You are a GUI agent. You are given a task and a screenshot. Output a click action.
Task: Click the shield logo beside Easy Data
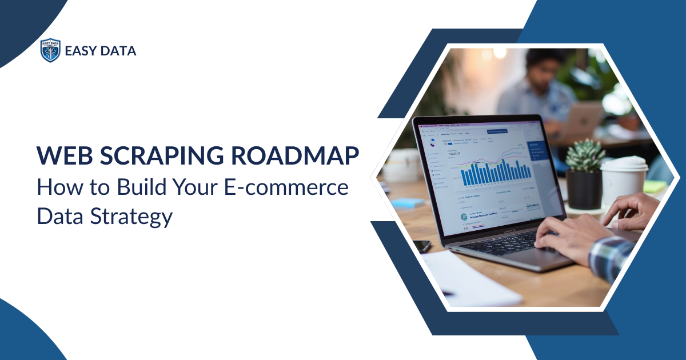50,50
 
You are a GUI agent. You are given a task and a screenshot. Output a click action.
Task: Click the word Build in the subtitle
131,188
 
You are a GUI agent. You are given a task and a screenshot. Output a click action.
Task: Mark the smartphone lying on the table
422,246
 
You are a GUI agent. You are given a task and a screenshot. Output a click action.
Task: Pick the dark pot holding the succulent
584,188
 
